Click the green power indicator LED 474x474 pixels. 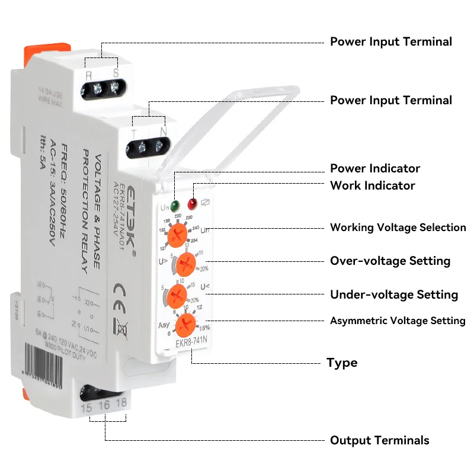[175, 206]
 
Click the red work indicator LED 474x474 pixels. [192, 204]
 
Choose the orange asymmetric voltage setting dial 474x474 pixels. [186, 324]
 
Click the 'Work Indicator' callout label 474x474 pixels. [372, 185]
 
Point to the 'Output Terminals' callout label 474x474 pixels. [379, 440]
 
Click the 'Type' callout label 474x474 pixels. [342, 363]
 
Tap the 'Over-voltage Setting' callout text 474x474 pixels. [390, 261]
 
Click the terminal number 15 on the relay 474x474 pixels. [86, 408]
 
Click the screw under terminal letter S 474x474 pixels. [115, 89]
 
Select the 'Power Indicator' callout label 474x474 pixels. [374, 168]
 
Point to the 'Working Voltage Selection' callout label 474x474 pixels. [398, 228]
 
